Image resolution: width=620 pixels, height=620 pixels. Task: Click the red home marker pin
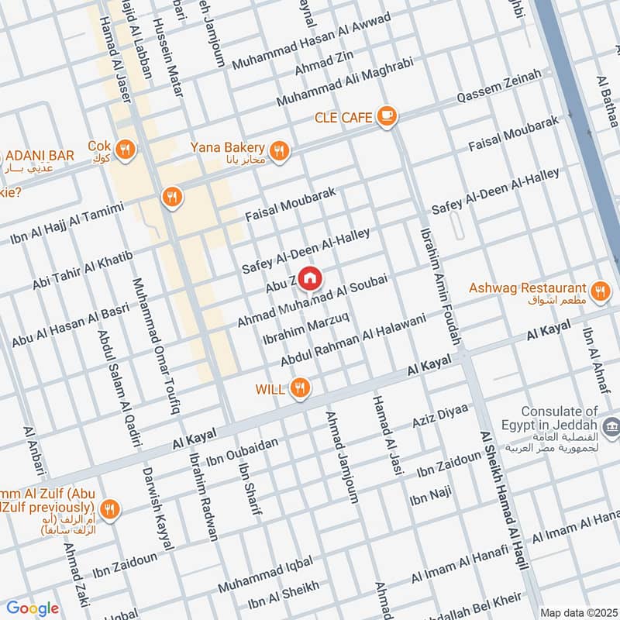[x=310, y=277]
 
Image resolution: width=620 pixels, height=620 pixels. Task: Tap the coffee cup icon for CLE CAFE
[x=386, y=116]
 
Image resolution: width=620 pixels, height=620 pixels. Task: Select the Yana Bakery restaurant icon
[x=280, y=150]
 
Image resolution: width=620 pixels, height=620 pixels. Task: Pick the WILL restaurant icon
[x=301, y=387]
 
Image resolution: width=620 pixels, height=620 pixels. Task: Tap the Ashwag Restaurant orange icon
[x=598, y=291]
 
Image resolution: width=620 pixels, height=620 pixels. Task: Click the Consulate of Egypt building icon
[x=611, y=425]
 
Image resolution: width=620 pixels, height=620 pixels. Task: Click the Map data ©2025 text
[x=577, y=613]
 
